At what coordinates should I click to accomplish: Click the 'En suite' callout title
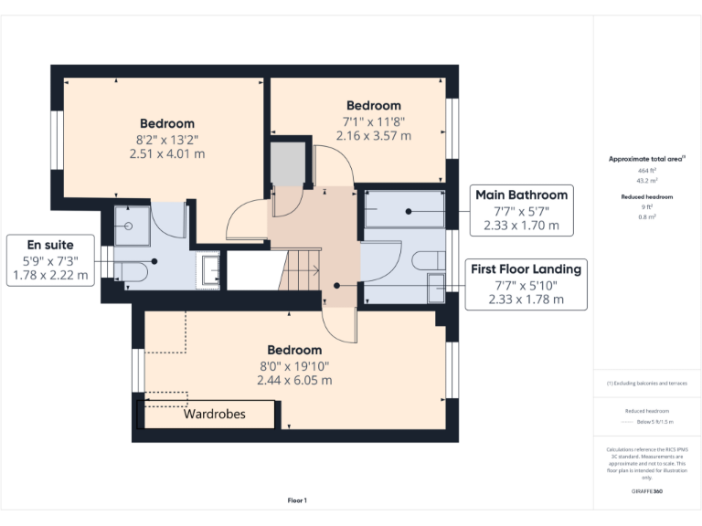point(50,245)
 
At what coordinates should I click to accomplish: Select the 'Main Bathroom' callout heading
point(519,195)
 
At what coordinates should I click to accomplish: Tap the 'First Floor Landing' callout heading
point(525,268)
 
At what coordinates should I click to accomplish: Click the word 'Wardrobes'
point(214,414)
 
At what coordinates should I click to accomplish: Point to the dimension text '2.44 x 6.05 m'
point(294,380)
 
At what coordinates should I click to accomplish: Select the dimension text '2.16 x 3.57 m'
point(373,135)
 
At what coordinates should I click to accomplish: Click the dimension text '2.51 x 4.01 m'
point(166,153)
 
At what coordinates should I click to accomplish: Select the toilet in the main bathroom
point(428,261)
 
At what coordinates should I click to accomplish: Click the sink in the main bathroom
point(435,287)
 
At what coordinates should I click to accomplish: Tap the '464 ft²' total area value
point(647,171)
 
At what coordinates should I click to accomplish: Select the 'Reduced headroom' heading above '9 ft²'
point(647,196)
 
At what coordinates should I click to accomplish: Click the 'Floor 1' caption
point(297,500)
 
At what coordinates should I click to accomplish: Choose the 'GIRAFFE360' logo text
point(647,492)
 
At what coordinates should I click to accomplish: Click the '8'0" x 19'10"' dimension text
point(294,365)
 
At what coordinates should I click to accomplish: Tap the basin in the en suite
point(211,271)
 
